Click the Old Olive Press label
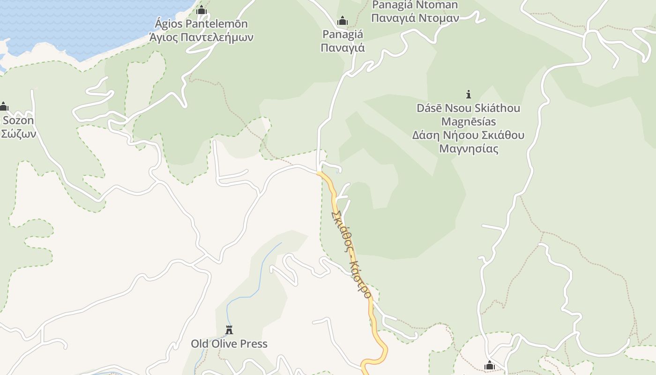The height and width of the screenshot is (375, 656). [x=229, y=344]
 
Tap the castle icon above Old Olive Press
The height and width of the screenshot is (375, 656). [x=229, y=330]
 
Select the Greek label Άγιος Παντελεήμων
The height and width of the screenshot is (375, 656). [x=201, y=37]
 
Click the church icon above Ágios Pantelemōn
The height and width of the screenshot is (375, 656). [x=201, y=10]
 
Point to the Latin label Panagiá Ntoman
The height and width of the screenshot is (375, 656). [x=415, y=6]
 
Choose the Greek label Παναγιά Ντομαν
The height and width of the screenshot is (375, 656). [x=415, y=18]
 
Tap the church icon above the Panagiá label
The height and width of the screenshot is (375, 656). [x=343, y=21]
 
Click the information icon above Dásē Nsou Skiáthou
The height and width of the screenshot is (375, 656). [x=468, y=94]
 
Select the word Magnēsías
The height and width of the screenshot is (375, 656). [x=468, y=121]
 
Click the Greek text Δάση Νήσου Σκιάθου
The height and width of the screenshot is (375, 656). [x=468, y=135]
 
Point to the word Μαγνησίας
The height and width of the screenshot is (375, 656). [x=468, y=149]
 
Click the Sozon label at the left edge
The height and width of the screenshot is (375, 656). [x=18, y=120]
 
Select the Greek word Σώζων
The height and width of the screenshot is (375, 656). [x=18, y=134]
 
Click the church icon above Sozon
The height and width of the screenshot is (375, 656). [x=4, y=107]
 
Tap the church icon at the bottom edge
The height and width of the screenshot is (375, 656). [x=490, y=366]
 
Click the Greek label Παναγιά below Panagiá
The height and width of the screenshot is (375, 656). [x=343, y=47]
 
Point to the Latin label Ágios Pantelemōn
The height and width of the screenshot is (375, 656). [x=201, y=23]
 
